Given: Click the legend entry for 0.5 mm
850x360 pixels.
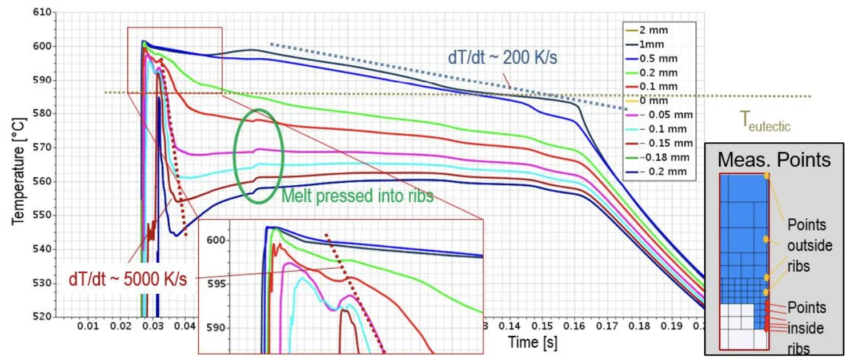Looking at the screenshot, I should point(657,58).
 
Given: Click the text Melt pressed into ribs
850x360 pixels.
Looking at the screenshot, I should point(358,197).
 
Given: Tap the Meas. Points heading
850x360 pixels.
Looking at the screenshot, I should point(774,159).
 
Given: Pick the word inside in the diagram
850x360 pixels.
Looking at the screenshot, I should point(805,328).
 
